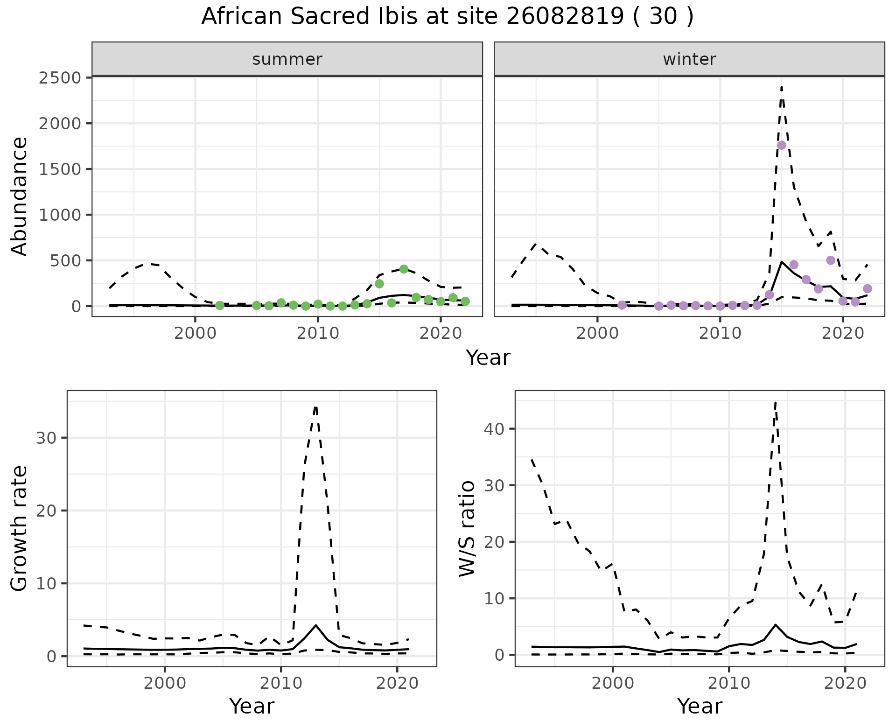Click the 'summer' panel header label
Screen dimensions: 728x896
pos(287,59)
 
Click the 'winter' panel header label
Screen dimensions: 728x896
pos(689,59)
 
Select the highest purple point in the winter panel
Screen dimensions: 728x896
pos(782,145)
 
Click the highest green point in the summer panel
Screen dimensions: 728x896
pos(404,269)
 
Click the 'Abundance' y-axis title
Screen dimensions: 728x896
pos(20,196)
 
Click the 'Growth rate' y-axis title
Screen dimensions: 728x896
pos(20,528)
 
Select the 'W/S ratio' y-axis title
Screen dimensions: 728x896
pos(467,528)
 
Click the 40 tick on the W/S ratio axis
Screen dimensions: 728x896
pos(494,429)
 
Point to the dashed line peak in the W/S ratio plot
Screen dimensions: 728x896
pos(775,401)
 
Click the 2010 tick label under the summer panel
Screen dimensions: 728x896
pos(318,335)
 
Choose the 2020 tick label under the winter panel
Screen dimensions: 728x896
pos(843,335)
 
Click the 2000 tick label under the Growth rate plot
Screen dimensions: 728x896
pos(165,684)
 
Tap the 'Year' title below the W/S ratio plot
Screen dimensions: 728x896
pos(700,706)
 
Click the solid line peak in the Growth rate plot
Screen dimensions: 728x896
pos(316,625)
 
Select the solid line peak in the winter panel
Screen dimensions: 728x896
pos(782,262)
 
